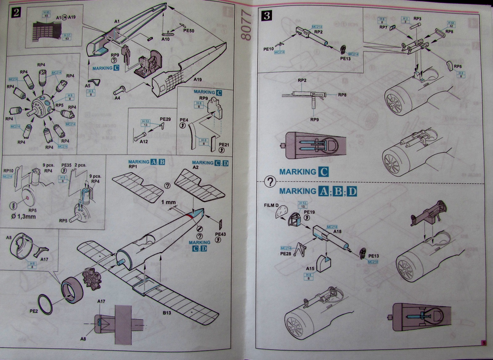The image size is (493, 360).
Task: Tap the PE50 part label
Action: pos(189,31)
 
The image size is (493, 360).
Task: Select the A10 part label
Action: pos(165,39)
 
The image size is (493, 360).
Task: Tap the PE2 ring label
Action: pos(34,311)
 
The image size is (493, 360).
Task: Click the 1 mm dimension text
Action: pos(169,202)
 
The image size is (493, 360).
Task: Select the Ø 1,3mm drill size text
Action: pos(23,216)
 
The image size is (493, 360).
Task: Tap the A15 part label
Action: pos(310,269)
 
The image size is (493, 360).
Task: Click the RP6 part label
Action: pos(458,66)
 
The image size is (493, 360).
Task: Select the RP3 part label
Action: pos(418,18)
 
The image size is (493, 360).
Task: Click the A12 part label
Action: pos(144,142)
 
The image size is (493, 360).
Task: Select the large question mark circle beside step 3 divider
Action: pos(270,183)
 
